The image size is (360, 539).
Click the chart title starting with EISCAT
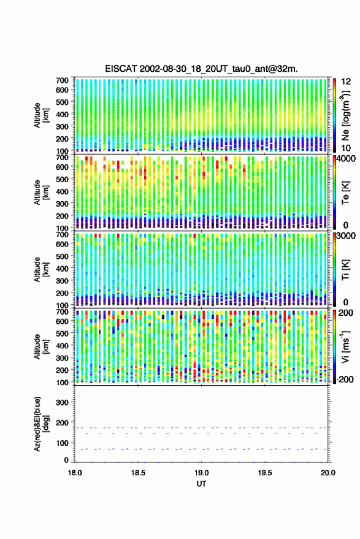[201, 69]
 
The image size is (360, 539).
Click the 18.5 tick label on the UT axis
[138, 473]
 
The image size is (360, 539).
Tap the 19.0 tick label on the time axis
[201, 473]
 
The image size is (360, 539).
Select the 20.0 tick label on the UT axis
[328, 473]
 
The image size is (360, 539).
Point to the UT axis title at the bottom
[201, 484]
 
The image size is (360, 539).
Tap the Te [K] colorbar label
[345, 193]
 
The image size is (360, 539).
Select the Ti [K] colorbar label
[345, 270]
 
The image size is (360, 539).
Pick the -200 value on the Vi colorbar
[345, 380]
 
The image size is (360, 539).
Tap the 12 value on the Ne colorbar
[346, 82]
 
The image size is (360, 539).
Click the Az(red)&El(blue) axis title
[41, 424]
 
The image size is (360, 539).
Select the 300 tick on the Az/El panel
[62, 402]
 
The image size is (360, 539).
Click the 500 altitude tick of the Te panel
[62, 179]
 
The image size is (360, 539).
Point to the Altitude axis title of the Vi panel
[41, 346]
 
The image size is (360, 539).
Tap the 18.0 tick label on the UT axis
[75, 473]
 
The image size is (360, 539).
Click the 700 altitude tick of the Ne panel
[62, 80]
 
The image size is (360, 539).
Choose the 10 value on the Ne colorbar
[346, 148]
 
